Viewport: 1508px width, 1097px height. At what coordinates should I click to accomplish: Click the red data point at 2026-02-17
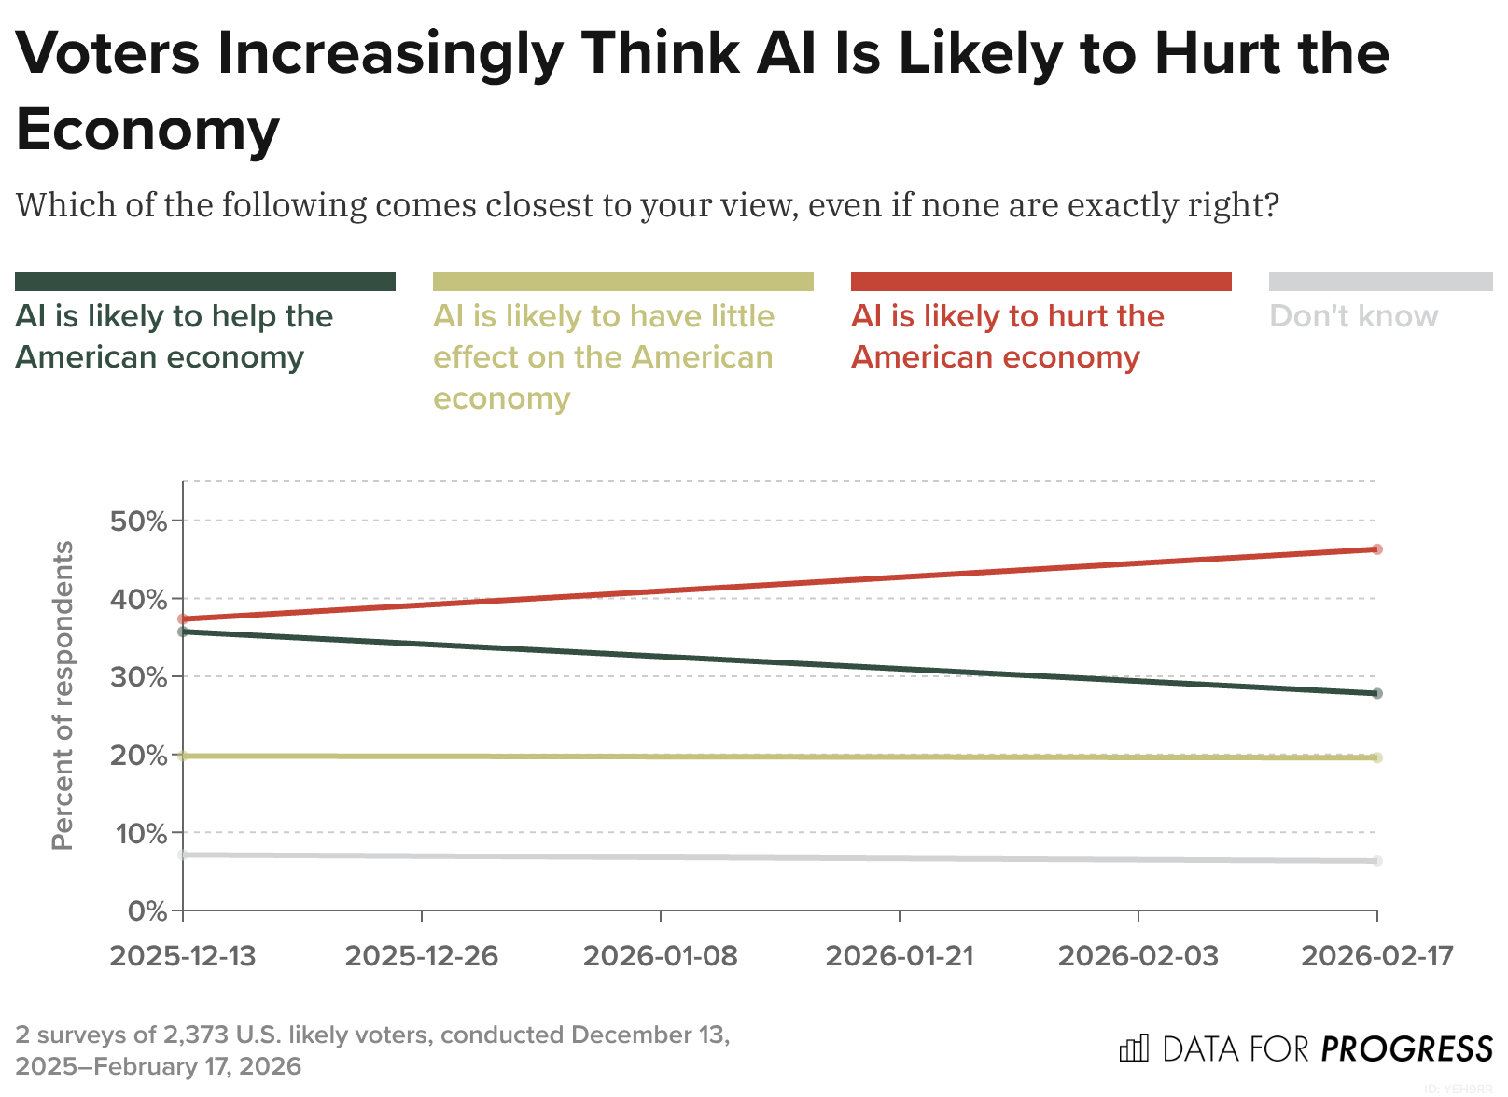[1377, 549]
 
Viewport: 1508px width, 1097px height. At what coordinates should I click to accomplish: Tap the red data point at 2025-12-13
[183, 618]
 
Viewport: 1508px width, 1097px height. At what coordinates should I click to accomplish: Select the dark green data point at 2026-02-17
[1377, 693]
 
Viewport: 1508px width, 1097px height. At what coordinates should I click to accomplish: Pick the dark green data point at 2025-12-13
[183, 632]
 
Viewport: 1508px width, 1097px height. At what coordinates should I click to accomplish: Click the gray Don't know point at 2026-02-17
[1377, 861]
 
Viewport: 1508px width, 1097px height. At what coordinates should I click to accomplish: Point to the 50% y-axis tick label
[138, 521]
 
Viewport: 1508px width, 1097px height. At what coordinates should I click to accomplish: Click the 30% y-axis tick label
[138, 676]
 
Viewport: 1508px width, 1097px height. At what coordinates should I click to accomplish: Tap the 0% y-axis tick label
[147, 910]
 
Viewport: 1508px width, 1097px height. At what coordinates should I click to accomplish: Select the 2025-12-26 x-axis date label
[422, 956]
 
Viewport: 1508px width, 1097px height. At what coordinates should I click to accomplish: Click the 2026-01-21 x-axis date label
[900, 956]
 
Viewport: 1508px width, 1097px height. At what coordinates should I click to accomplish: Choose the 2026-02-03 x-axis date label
[1138, 956]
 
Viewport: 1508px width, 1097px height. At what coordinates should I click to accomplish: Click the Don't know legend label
[1353, 316]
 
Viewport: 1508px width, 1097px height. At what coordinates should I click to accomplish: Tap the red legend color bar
[1040, 282]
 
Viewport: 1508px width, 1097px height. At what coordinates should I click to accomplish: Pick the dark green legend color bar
[205, 282]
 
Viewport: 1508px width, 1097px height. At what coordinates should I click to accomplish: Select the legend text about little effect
[604, 357]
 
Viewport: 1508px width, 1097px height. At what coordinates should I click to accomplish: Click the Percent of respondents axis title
[63, 695]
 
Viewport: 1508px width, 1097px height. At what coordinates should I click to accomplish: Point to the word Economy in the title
[147, 130]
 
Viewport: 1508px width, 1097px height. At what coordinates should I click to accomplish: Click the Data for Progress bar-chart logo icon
[1134, 1048]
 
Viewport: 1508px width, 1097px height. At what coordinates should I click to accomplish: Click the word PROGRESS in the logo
[1407, 1049]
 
